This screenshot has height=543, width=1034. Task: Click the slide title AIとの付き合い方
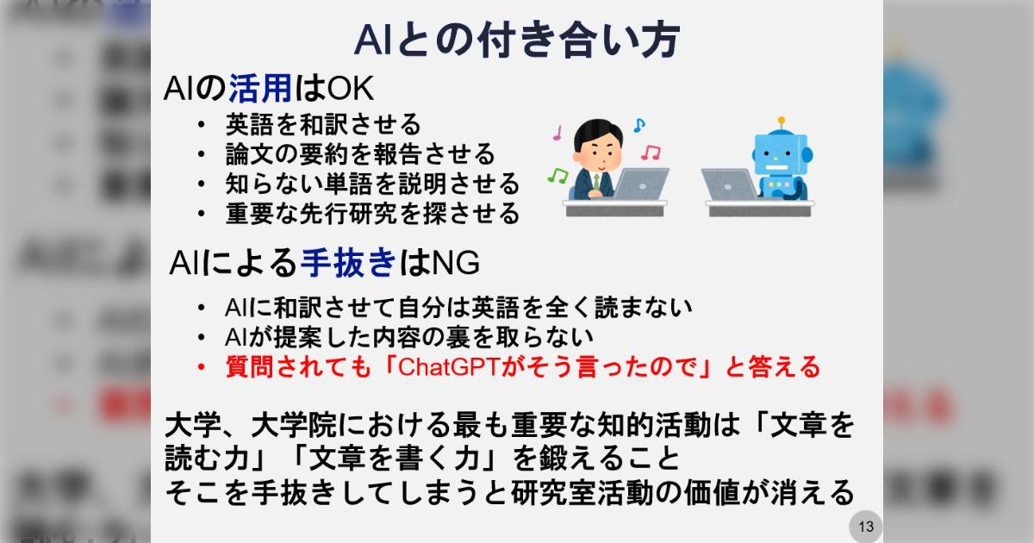click(x=517, y=40)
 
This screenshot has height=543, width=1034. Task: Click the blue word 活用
click(x=260, y=88)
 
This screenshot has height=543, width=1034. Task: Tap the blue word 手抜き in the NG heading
click(x=348, y=262)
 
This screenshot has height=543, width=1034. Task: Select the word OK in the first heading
click(x=351, y=88)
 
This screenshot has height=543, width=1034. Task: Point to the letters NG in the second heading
click(x=456, y=263)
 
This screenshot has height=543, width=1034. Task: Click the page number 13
click(x=866, y=527)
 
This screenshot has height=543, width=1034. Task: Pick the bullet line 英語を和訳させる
click(x=323, y=125)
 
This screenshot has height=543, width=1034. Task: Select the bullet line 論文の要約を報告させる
click(x=360, y=154)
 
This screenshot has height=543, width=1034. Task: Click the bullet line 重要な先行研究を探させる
click(x=372, y=214)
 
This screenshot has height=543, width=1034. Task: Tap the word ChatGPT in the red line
click(x=450, y=367)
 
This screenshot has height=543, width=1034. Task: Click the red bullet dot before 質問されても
click(x=201, y=367)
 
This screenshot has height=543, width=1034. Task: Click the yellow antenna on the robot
click(x=782, y=122)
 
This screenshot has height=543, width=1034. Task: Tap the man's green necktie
click(x=596, y=182)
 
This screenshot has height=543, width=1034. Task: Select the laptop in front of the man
click(x=641, y=184)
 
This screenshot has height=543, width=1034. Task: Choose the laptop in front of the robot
click(x=729, y=184)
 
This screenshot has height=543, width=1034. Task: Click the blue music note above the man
click(x=638, y=125)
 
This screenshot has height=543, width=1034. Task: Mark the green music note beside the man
click(x=557, y=176)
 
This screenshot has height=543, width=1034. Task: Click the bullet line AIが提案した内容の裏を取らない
click(x=409, y=337)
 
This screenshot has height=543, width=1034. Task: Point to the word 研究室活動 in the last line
click(x=582, y=492)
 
